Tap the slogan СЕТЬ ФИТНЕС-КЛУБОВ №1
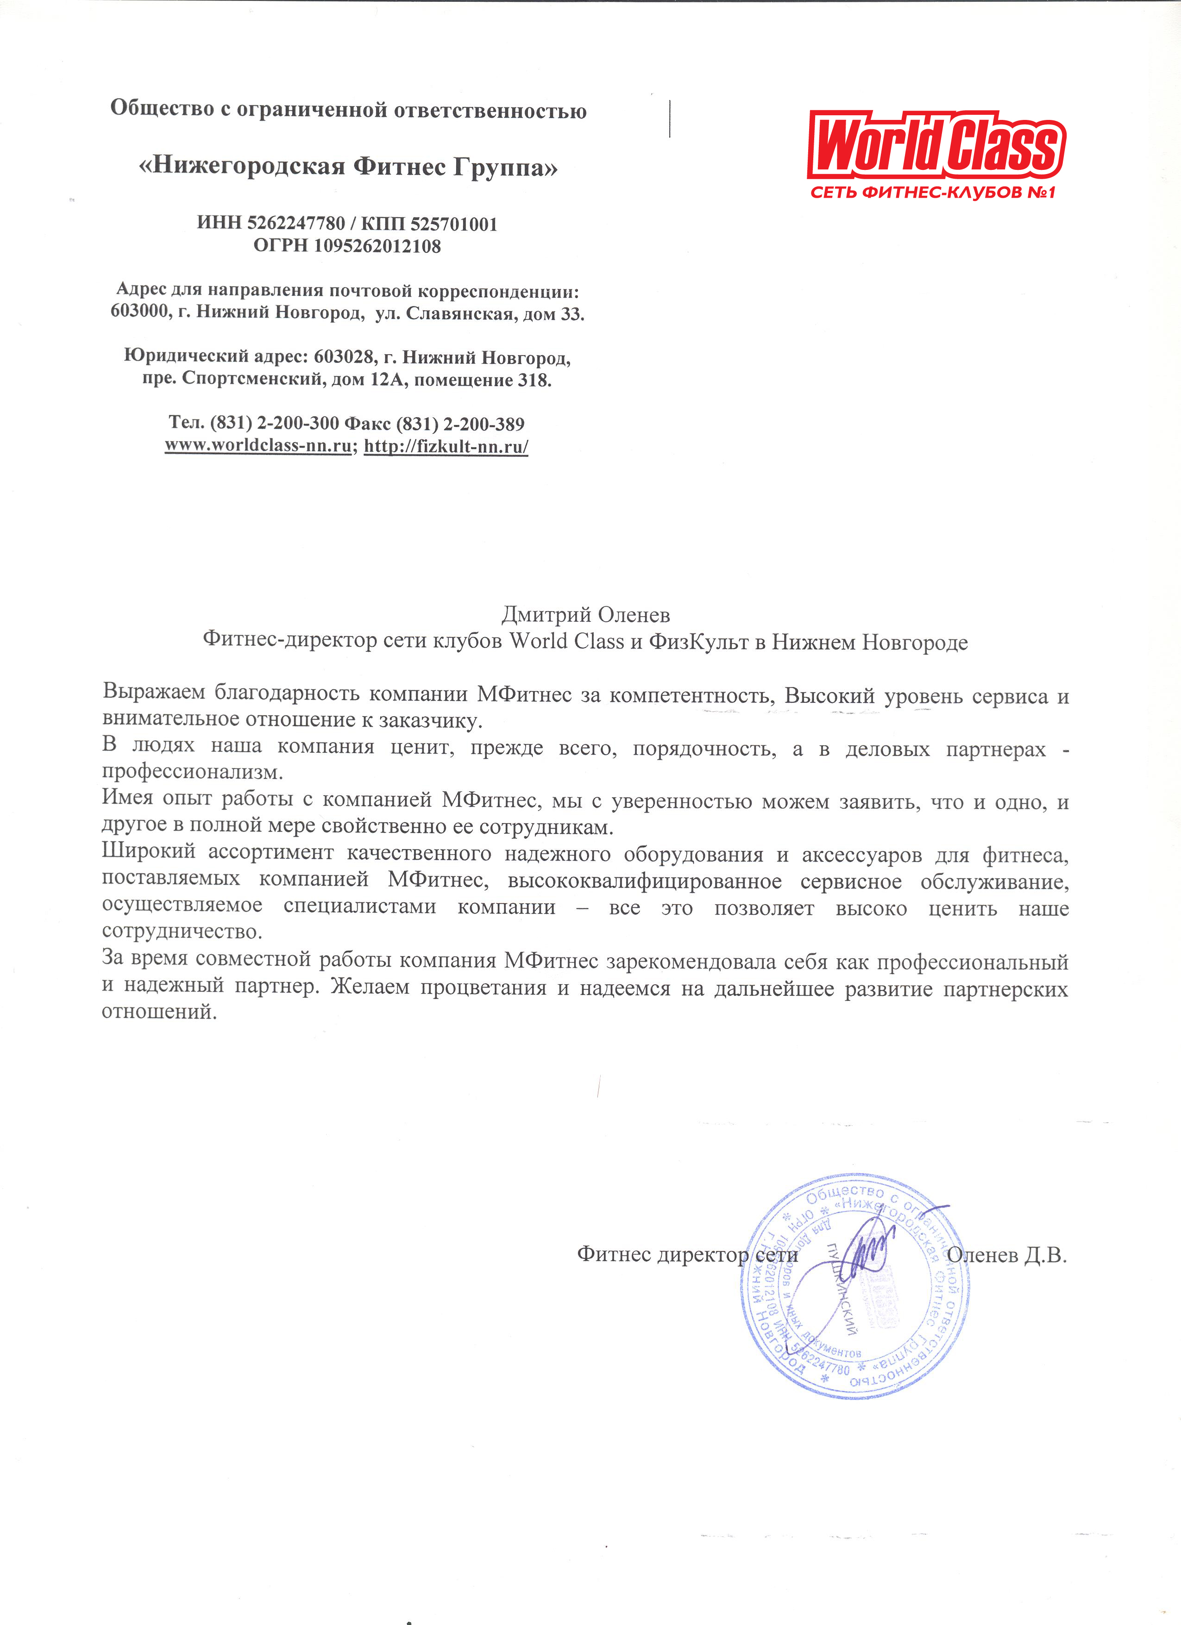(933, 193)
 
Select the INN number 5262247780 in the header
(296, 224)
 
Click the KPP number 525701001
(453, 224)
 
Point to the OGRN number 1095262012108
(377, 246)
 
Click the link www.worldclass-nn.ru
(258, 446)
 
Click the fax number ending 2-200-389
(484, 424)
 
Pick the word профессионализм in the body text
(192, 772)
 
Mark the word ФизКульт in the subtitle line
(699, 642)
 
